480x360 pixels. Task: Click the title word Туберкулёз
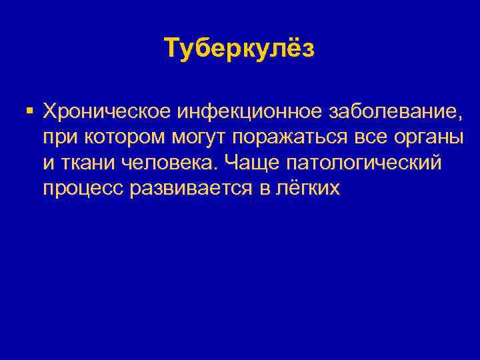coord(239,49)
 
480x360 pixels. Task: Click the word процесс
coord(84,189)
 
